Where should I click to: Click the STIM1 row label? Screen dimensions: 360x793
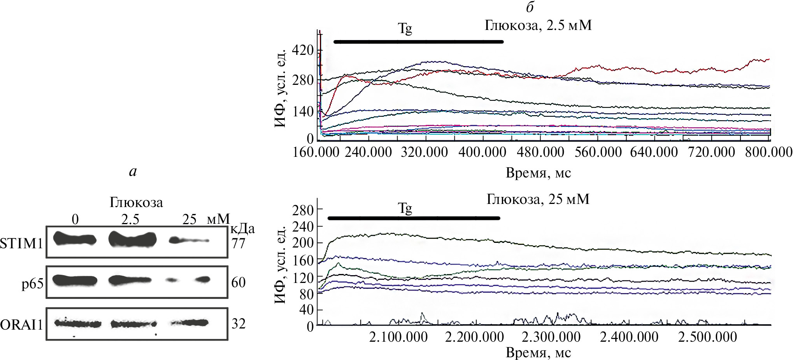pos(21,244)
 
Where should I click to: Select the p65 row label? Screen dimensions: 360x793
pos(32,283)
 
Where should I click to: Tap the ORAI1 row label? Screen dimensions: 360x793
pos(21,325)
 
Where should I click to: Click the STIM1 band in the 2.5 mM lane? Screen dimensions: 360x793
pos(132,239)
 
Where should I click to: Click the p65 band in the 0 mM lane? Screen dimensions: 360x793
pos(75,280)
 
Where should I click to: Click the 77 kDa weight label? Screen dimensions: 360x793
pos(239,244)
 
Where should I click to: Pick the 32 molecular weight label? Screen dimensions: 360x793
pos(239,324)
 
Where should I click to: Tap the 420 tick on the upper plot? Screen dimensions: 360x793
pos(304,50)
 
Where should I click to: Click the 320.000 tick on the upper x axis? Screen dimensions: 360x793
pos(425,152)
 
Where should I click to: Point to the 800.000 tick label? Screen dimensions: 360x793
pos(768,152)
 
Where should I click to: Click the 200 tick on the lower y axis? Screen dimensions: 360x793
pos(304,243)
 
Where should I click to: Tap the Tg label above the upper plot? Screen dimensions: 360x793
pos(405,29)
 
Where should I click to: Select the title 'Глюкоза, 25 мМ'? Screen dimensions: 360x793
pos(538,199)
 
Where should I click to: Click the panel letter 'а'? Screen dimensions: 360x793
pos(133,172)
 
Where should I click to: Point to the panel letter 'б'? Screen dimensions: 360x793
pos(530,8)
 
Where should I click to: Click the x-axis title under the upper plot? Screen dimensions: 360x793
pos(538,172)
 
